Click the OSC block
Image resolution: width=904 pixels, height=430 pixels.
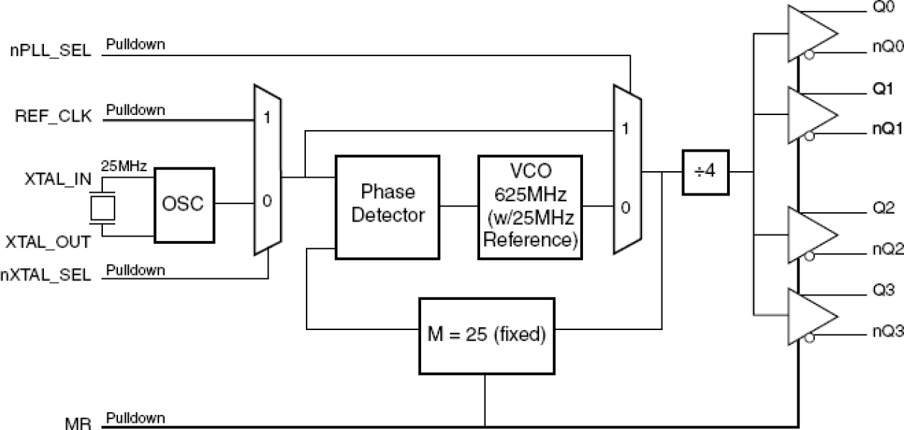click(184, 203)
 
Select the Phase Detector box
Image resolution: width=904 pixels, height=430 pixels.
click(388, 205)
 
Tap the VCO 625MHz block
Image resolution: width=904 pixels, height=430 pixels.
click(530, 205)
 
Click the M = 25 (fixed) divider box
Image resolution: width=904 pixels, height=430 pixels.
click(487, 334)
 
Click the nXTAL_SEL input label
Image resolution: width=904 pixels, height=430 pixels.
click(47, 276)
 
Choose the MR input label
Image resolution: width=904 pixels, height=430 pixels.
click(78, 424)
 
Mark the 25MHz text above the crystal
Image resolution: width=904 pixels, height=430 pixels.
click(124, 167)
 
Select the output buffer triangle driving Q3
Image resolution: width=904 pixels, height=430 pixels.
click(811, 316)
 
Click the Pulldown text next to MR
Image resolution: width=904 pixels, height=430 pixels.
click(135, 417)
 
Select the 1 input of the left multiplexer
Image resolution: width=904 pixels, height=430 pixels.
click(266, 118)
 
